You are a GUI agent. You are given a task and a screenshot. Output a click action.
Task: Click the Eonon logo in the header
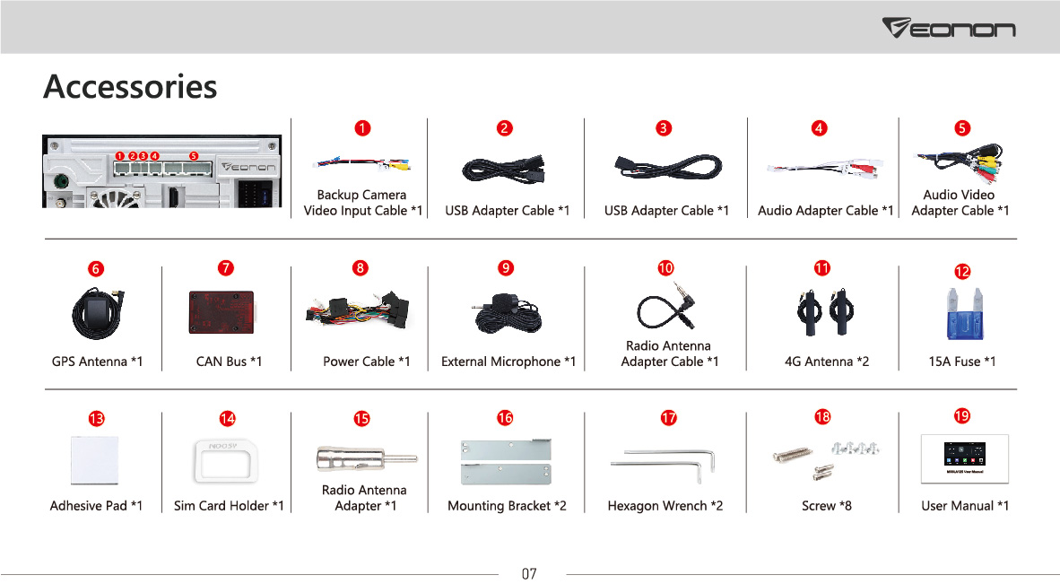click(949, 28)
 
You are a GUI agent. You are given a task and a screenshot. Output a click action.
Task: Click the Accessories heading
click(130, 86)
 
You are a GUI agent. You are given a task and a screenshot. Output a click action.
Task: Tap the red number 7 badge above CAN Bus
click(226, 268)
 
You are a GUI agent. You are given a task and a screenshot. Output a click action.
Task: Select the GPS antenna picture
click(98, 312)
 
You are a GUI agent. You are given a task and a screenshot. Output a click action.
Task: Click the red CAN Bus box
click(222, 312)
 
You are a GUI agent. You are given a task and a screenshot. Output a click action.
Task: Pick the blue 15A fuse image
click(965, 314)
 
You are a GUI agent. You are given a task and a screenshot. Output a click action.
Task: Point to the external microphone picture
click(507, 314)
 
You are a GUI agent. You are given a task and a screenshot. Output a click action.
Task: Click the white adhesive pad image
click(95, 459)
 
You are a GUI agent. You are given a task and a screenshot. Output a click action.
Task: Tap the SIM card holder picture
click(226, 461)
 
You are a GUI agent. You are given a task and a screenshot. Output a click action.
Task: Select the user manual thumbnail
click(965, 458)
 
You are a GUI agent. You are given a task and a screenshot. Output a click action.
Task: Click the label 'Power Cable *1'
click(367, 362)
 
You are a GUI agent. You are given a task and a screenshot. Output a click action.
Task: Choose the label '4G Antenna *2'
click(827, 362)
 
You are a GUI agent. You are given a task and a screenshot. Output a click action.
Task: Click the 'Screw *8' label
click(827, 506)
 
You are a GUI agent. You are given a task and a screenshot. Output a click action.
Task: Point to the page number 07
click(528, 574)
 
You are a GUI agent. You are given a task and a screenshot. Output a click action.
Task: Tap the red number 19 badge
click(962, 415)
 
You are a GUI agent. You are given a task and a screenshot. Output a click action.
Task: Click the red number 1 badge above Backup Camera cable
click(362, 127)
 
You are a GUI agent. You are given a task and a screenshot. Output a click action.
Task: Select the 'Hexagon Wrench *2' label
click(665, 506)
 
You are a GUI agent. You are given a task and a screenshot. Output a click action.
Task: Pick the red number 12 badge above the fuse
click(962, 272)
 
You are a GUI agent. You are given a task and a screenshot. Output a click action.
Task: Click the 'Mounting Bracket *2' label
click(507, 506)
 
